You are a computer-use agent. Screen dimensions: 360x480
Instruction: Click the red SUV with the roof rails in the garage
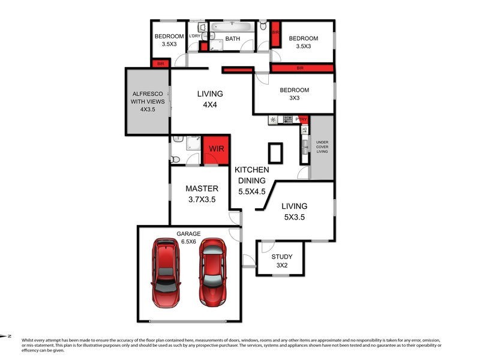166,264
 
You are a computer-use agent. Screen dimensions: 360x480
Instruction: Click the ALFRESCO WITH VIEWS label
147,101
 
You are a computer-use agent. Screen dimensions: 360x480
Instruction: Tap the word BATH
233,40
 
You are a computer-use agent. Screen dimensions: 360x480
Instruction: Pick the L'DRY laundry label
194,37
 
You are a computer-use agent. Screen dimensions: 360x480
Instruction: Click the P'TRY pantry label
301,119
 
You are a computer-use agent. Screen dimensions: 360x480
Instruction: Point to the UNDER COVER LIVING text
322,147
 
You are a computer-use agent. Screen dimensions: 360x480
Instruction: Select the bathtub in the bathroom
232,27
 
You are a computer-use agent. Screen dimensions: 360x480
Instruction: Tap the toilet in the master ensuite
175,160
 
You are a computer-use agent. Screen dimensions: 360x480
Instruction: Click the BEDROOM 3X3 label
293,94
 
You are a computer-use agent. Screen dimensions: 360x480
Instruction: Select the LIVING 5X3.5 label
294,211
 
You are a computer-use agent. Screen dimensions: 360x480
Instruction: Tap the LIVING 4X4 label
210,99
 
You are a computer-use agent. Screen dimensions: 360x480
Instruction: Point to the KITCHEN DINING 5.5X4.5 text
251,181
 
